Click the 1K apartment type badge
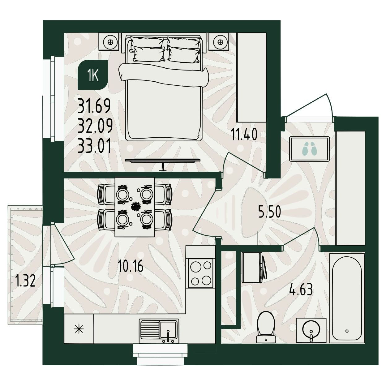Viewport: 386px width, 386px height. coord(93,75)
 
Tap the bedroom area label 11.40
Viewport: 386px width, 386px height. coord(244,134)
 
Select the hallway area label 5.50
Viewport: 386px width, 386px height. coord(269,212)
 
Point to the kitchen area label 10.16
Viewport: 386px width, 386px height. coord(131,266)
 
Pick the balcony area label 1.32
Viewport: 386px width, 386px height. coord(25,281)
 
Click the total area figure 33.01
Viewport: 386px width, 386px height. coord(94,146)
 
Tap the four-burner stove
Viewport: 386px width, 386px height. coord(200,273)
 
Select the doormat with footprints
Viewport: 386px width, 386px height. coord(310,149)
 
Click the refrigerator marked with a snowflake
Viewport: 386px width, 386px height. coord(79,329)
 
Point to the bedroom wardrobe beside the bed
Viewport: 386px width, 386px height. coord(251,78)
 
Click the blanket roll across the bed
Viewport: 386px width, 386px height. coord(164,75)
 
